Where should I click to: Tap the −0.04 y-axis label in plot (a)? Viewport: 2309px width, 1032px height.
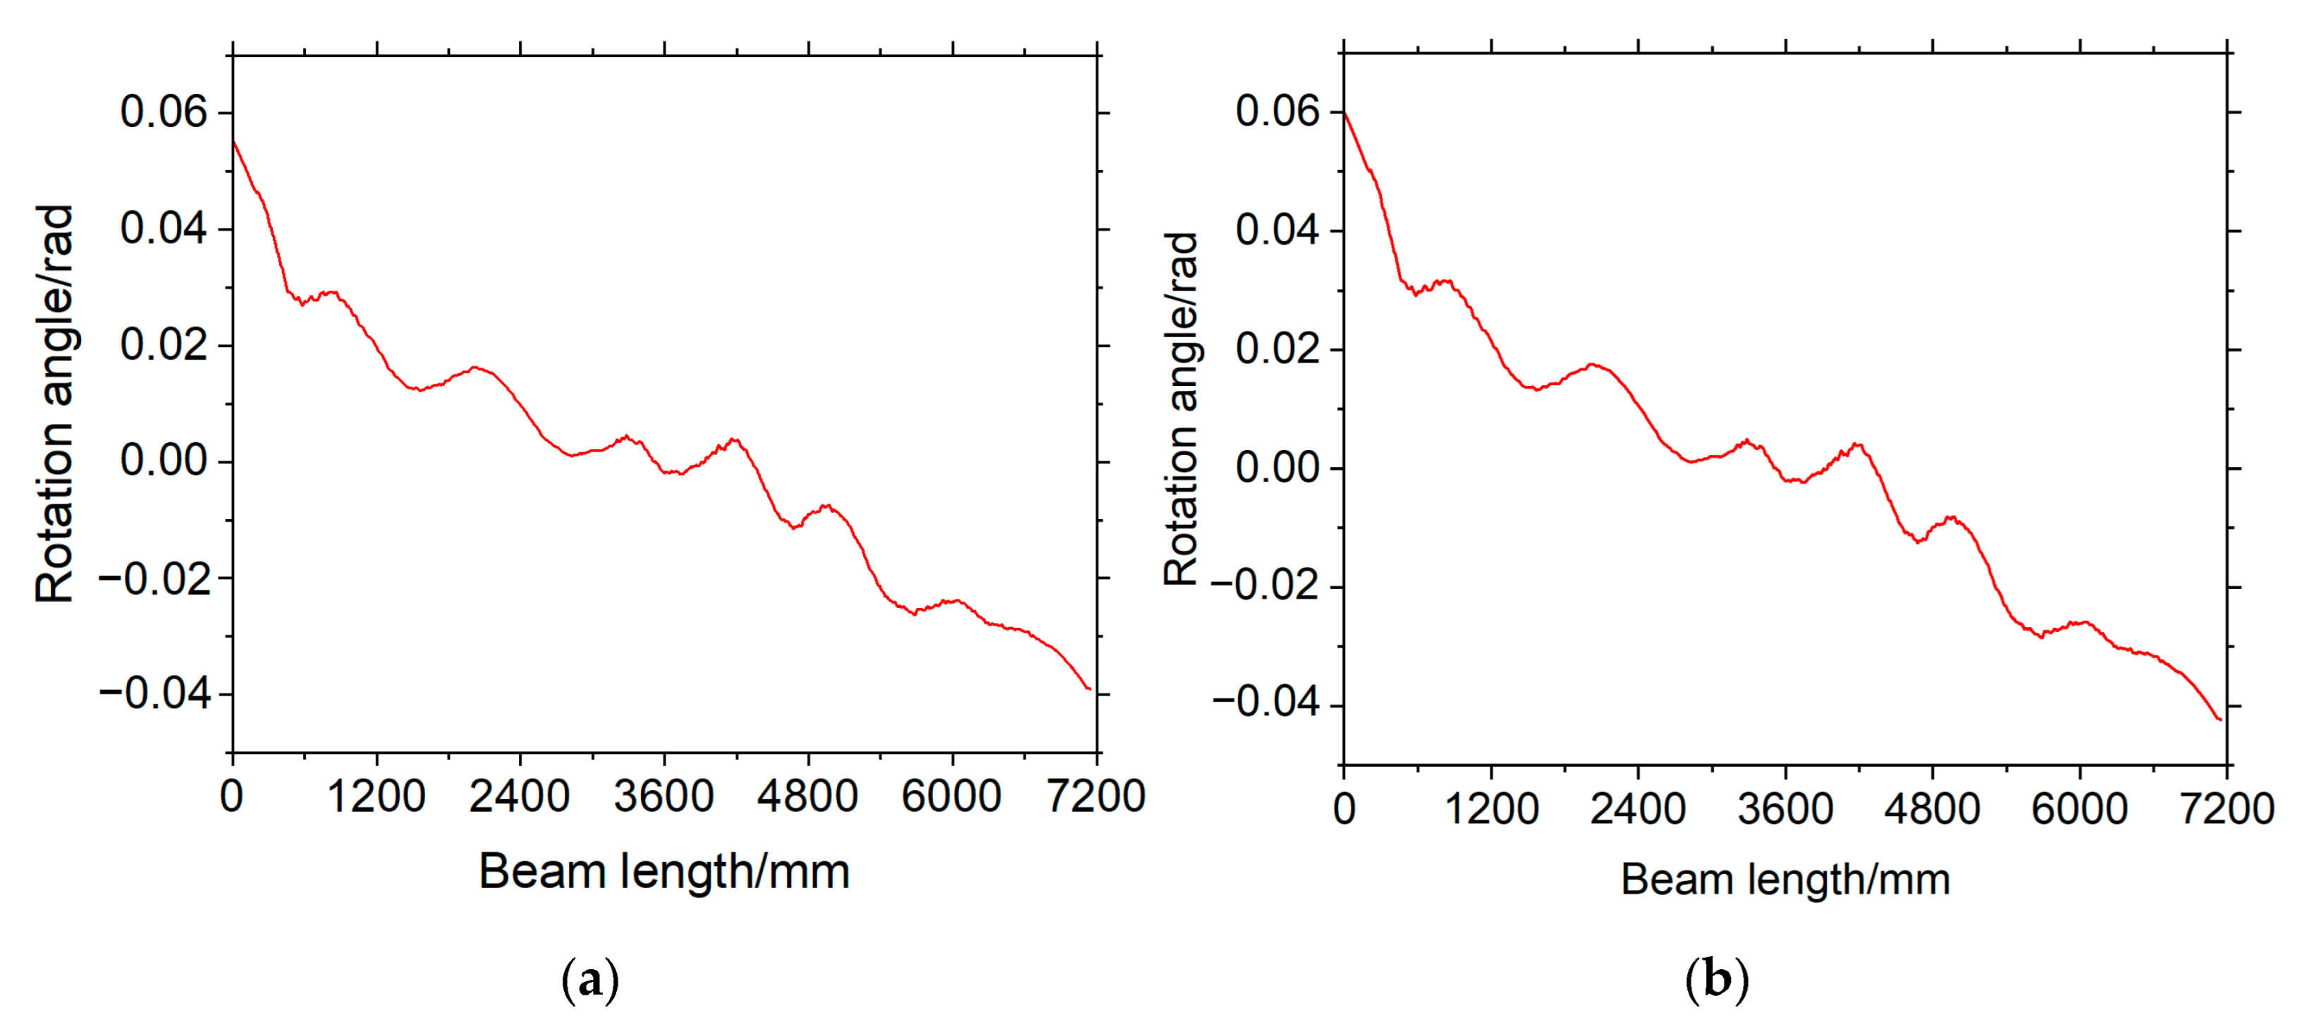[154, 693]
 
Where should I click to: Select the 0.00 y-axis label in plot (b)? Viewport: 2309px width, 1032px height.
[1278, 467]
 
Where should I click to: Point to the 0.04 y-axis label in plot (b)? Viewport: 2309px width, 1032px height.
[1278, 231]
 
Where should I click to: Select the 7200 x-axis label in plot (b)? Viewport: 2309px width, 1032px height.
[2227, 809]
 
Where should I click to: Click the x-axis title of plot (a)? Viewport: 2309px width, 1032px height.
[664, 871]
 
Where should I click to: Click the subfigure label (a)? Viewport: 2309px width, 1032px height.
[590, 980]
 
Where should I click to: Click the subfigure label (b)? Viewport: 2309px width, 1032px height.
[1717, 979]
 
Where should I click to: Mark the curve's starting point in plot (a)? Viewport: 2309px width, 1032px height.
[233, 142]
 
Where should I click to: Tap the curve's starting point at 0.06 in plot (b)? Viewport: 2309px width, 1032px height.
[1344, 112]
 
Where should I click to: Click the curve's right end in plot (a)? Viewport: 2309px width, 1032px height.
[1089, 688]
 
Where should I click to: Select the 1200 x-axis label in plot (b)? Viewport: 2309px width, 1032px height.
[1492, 809]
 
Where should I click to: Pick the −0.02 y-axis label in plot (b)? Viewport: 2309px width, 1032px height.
[1266, 585]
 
